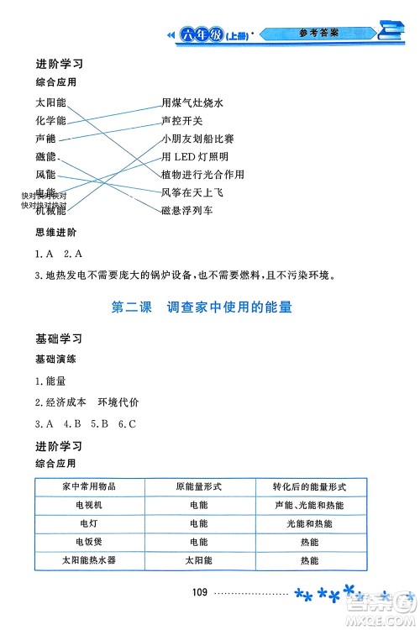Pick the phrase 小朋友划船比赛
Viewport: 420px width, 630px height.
pyautogui.click(x=202, y=139)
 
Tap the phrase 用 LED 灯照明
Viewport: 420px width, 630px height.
pyautogui.click(x=195, y=157)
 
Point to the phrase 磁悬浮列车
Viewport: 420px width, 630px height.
pyautogui.click(x=186, y=210)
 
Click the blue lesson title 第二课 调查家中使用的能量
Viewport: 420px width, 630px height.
pyautogui.click(x=202, y=307)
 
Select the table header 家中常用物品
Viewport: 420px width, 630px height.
pyautogui.click(x=89, y=487)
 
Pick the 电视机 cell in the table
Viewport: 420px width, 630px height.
pyautogui.click(x=89, y=506)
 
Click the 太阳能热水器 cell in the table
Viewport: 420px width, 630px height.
pyautogui.click(x=89, y=560)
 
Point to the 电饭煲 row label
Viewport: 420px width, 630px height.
pyautogui.click(x=89, y=542)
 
